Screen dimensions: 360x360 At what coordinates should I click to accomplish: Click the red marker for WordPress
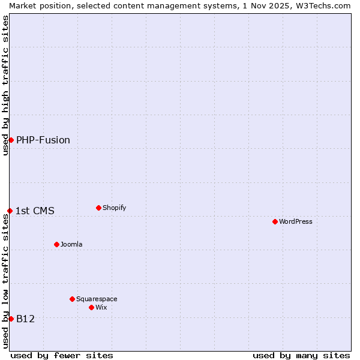[x=275, y=221]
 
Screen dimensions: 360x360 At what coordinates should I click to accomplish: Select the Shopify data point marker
[x=98, y=208]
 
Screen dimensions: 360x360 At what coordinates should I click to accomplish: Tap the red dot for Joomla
[x=56, y=244]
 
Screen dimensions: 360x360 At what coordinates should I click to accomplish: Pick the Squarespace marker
[x=72, y=299]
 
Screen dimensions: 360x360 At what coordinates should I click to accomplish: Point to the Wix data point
[x=91, y=307]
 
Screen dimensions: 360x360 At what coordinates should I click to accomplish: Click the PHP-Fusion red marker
[x=11, y=140]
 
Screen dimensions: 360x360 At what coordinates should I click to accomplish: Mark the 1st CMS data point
[x=10, y=211]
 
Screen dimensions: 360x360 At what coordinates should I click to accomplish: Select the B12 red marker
[x=11, y=319]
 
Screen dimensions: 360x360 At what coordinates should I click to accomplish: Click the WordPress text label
[x=296, y=221]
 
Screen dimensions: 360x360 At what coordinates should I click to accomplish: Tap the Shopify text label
[x=114, y=208]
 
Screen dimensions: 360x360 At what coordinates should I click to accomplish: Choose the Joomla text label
[x=71, y=244]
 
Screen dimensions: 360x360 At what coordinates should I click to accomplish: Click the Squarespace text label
[x=97, y=299]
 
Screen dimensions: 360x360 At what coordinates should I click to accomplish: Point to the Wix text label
[x=101, y=307]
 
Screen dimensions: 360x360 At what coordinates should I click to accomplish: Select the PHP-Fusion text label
[x=43, y=140]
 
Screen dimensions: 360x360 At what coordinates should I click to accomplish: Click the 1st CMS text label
[x=35, y=211]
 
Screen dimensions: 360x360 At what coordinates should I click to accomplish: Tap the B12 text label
[x=25, y=319]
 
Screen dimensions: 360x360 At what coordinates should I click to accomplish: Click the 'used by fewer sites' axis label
[x=62, y=355]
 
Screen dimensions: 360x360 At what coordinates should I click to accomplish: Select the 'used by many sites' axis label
[x=301, y=355]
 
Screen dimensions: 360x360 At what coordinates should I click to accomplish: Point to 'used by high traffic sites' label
[x=5, y=85]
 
